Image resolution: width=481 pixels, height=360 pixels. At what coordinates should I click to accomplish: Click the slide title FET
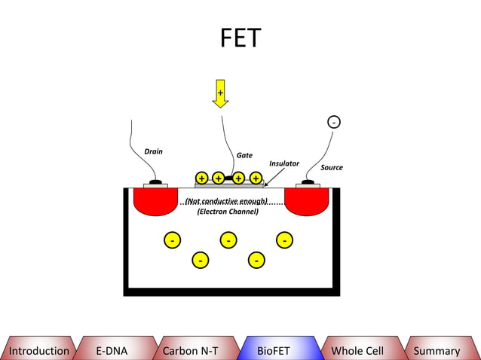pos(240,38)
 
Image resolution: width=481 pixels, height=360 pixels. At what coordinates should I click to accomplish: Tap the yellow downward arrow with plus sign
pos(220,93)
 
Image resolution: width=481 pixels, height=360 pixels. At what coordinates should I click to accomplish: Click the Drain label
pos(153,151)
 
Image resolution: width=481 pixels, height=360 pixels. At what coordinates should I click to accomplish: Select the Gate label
pos(244,155)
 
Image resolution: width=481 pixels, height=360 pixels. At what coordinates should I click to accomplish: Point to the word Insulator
pos(284,163)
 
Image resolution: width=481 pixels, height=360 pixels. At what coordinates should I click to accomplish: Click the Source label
pos(332,167)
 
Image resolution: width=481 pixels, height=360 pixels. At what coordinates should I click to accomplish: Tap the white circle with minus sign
pos(333,122)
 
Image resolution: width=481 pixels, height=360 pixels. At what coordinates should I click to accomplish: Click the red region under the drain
pos(155,200)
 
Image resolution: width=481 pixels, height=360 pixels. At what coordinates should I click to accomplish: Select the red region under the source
pos(306,200)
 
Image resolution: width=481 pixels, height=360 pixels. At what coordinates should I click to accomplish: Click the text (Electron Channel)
pos(228,212)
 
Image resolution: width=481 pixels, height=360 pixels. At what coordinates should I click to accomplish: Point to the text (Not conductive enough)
pos(226,201)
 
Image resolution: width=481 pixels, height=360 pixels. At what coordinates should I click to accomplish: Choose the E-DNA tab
pos(112,350)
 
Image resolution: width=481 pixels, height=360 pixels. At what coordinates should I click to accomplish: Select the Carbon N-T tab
pos(191,350)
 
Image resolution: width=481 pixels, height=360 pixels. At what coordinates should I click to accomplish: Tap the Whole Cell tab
pos(357,350)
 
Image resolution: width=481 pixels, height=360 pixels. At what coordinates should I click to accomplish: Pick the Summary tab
pos(437,350)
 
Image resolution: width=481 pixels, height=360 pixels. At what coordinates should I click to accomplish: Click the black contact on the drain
pos(155,182)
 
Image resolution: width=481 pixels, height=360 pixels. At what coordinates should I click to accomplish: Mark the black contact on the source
pos(308,182)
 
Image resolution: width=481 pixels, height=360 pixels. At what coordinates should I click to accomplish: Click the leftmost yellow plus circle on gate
pos(202,178)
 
